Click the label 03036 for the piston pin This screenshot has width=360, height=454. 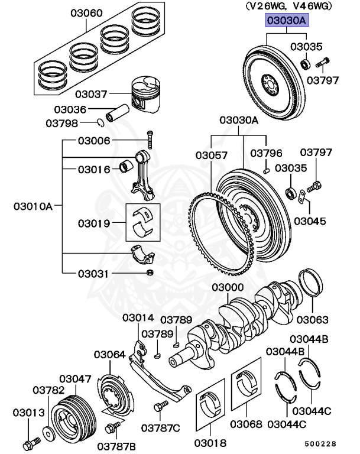(70, 109)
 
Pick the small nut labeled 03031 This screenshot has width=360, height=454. (150, 273)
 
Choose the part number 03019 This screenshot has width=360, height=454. (93, 223)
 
